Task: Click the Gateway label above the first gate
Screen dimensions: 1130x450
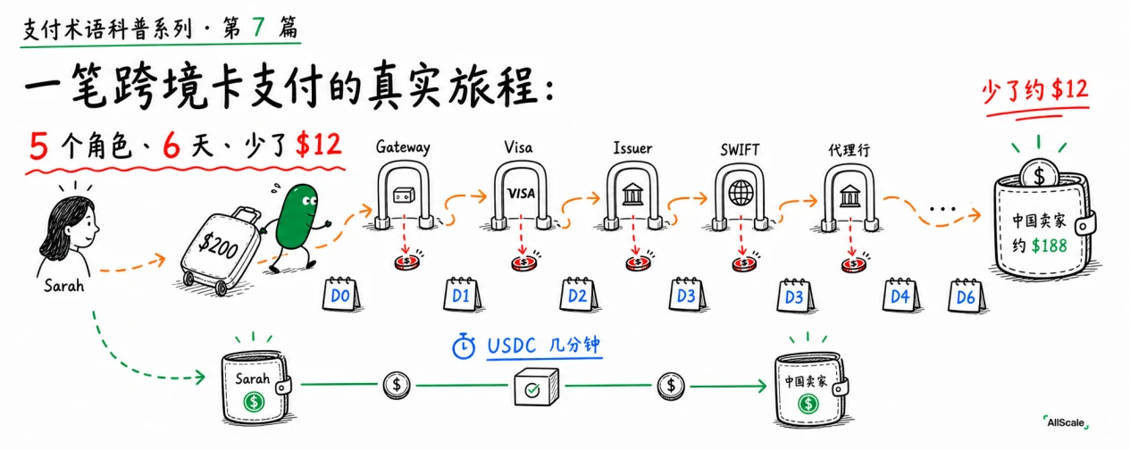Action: tap(403, 146)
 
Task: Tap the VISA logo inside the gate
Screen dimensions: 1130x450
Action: tap(521, 194)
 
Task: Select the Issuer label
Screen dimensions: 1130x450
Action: tap(632, 148)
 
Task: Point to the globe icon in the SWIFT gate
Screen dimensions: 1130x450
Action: tap(741, 193)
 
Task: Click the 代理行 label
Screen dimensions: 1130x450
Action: tap(849, 150)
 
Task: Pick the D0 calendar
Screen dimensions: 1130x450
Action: tap(342, 294)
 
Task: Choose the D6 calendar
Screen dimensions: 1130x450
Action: tap(967, 296)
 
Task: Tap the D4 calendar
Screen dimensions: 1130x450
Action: tap(901, 295)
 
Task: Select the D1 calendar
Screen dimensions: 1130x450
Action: tap(462, 294)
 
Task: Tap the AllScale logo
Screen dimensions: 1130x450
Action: tap(1066, 422)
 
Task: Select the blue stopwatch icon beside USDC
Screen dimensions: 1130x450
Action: tap(464, 346)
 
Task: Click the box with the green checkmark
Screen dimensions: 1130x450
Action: tap(536, 387)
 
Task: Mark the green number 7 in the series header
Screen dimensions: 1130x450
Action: tap(258, 27)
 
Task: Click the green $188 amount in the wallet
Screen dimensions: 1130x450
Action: tap(1050, 246)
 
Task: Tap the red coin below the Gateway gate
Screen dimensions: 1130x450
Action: tap(407, 262)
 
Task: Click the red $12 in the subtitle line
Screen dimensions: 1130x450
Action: tap(319, 145)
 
